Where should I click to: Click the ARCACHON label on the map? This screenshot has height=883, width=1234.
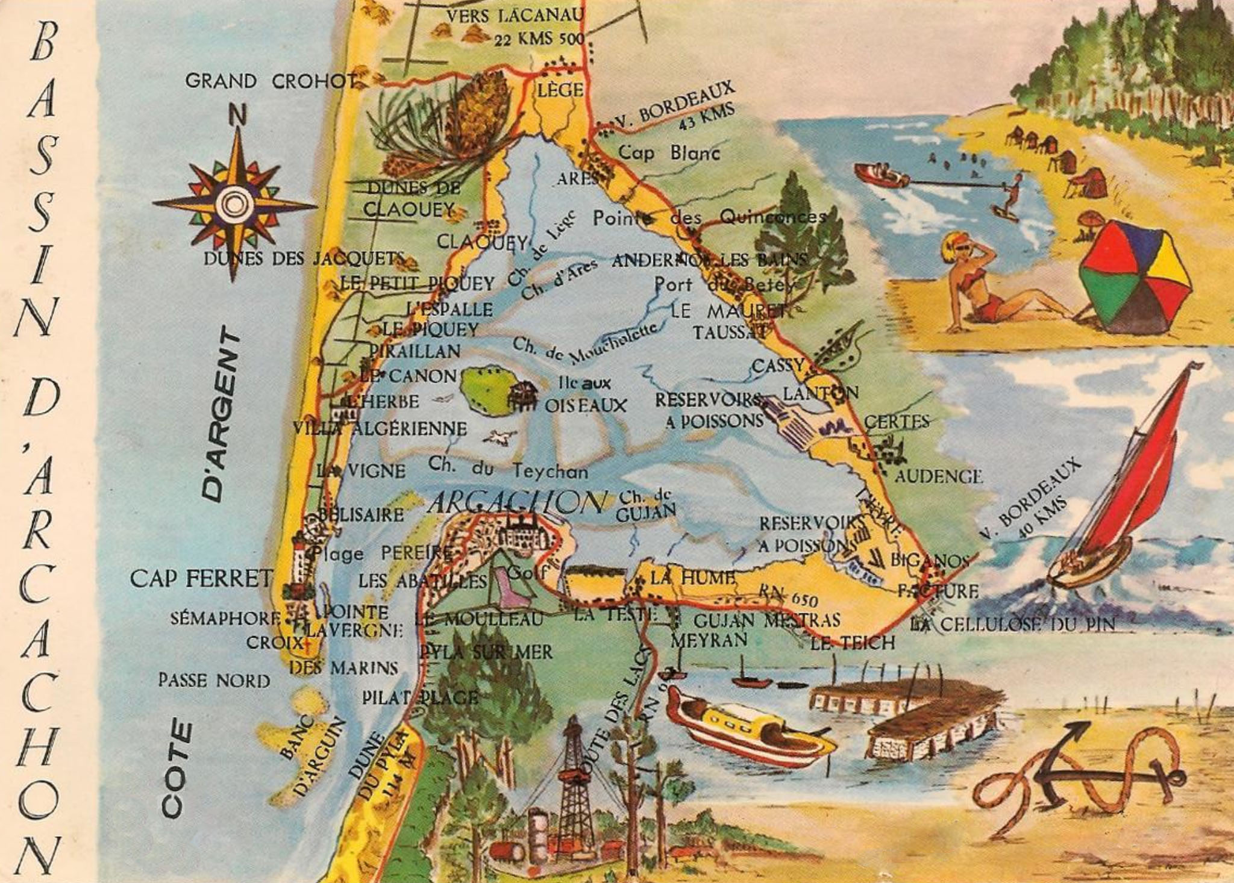pos(517,502)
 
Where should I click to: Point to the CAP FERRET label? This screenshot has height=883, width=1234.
pos(201,579)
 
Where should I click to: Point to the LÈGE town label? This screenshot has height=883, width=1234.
pos(560,90)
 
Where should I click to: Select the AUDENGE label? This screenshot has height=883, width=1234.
pos(938,477)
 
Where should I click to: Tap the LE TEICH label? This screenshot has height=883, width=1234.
pos(853,643)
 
